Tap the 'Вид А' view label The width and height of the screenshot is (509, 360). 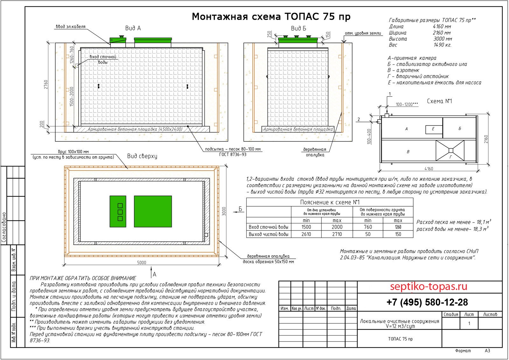pyautogui.click(x=133, y=28)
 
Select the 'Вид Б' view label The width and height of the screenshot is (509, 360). pyautogui.click(x=298, y=28)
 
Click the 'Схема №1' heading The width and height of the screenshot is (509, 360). pyautogui.click(x=439, y=101)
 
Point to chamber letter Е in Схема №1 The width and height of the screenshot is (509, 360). pyautogui.click(x=433, y=129)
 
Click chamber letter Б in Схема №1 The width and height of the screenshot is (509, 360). pyautogui.click(x=460, y=129)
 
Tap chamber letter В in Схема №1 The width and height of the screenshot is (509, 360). pyautogui.click(x=408, y=152)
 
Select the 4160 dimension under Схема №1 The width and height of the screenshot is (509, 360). pyautogui.click(x=428, y=169)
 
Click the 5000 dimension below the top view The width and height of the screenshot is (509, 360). pyautogui.click(x=142, y=263)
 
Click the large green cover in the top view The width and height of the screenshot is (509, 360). pyautogui.click(x=153, y=211)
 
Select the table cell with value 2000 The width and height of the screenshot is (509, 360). pyautogui.click(x=337, y=227)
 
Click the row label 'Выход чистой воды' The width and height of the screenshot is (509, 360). pyautogui.click(x=268, y=234)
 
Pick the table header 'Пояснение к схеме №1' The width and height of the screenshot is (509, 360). pyautogui.click(x=330, y=202)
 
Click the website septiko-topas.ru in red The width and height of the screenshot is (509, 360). pyautogui.click(x=429, y=287)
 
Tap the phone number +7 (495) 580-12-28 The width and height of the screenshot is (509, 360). pyautogui.click(x=427, y=302)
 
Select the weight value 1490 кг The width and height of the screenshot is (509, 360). pyautogui.click(x=440, y=45)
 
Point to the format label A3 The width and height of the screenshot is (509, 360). pyautogui.click(x=487, y=351)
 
